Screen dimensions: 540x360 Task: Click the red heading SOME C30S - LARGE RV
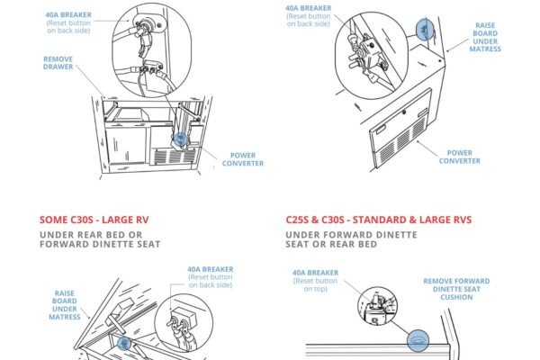(94, 220)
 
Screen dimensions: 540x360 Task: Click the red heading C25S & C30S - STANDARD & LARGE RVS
(379, 220)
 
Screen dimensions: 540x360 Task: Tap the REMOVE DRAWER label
(58, 63)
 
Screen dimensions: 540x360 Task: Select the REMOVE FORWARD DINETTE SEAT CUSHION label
(456, 289)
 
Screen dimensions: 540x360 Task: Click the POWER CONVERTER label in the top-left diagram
(243, 159)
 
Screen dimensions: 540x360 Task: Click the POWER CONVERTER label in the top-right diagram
(459, 157)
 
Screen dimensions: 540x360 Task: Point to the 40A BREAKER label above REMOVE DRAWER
(68, 22)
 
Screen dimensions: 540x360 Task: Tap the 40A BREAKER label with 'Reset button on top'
(315, 281)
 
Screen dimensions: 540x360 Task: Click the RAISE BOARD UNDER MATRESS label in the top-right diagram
(485, 37)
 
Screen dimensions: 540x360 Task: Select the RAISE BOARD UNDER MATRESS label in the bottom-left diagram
(65, 305)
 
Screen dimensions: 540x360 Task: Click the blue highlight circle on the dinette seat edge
(418, 340)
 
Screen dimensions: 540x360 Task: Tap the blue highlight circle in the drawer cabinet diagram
(180, 139)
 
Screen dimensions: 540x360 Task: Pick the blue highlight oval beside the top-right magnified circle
(425, 30)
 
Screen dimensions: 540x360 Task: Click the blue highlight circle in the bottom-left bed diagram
(124, 343)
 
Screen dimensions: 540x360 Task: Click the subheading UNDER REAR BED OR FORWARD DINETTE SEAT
(100, 239)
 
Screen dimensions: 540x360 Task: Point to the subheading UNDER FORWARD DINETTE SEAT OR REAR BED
(351, 239)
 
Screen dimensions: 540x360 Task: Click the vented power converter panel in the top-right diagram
(400, 128)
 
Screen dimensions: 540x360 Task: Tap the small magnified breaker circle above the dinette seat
(377, 306)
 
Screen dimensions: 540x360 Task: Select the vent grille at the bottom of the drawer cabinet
(175, 157)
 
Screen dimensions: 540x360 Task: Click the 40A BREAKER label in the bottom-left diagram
(211, 277)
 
